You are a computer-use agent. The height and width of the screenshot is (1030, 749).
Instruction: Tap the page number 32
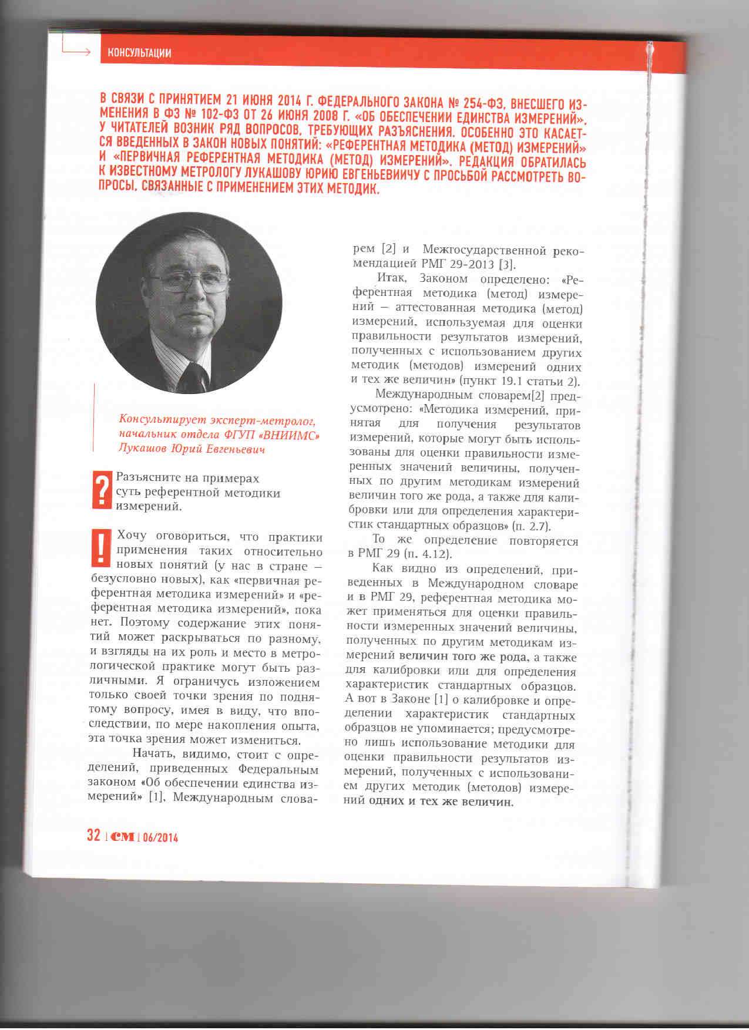click(93, 836)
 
